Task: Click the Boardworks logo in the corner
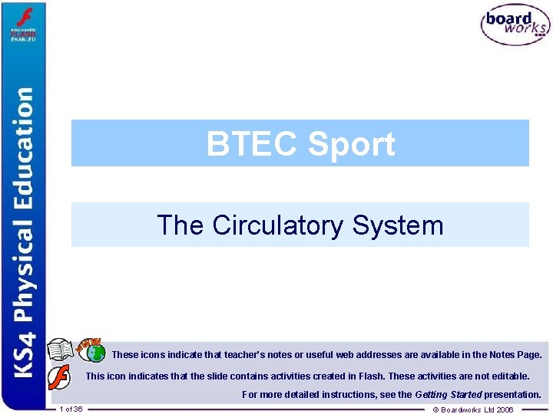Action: pyautogui.click(x=515, y=25)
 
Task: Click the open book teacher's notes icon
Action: pyautogui.click(x=60, y=350)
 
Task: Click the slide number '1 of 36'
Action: pyautogui.click(x=71, y=409)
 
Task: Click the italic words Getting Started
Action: pyautogui.click(x=448, y=395)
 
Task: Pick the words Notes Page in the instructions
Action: pyautogui.click(x=515, y=355)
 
